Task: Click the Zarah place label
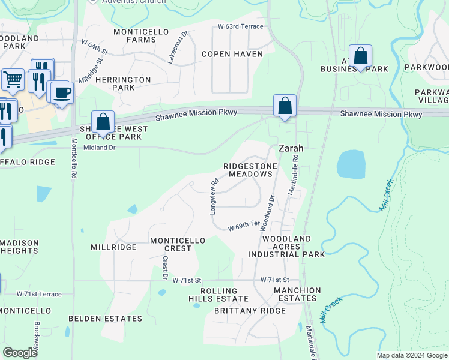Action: pos(290,148)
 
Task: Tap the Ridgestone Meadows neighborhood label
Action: pos(248,170)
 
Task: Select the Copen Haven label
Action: pos(232,54)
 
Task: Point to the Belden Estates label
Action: pos(105,319)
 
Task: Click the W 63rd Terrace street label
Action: pos(241,26)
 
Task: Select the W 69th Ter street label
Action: pos(244,227)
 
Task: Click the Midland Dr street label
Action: pos(100,148)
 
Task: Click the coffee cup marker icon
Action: pos(61,92)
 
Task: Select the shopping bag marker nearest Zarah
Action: pos(285,106)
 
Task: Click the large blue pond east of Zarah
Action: pos(351,164)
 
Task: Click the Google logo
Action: pos(20,353)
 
